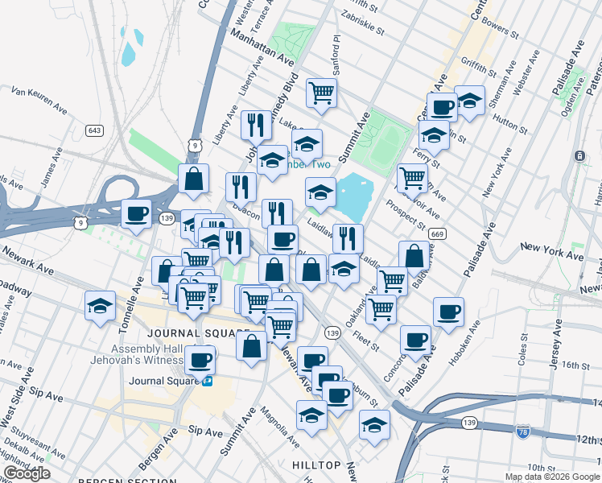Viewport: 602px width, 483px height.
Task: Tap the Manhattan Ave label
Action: (262, 47)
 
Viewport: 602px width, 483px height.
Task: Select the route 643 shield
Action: (95, 130)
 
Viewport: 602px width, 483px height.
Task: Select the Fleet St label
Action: (365, 343)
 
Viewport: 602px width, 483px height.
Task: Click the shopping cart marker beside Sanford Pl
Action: (321, 93)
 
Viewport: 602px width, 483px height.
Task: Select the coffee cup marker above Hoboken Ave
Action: (448, 312)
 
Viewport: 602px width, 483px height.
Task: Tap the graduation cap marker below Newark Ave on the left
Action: (100, 306)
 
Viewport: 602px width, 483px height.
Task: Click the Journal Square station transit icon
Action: (208, 381)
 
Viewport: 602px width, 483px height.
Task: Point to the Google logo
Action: (27, 473)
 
